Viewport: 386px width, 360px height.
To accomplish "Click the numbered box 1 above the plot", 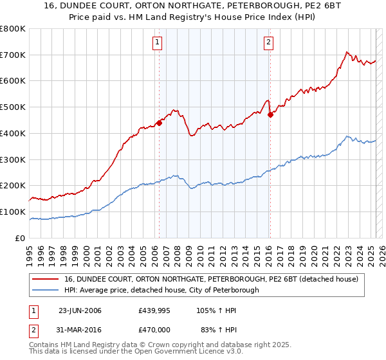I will [x=158, y=43].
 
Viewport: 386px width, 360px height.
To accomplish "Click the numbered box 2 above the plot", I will [x=268, y=43].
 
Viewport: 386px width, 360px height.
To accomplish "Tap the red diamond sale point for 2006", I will [x=159, y=123].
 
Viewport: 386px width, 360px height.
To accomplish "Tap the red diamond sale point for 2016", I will [x=271, y=114].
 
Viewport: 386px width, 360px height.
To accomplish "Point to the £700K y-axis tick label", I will [x=13, y=55].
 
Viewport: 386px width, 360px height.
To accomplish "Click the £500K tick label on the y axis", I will [x=13, y=107].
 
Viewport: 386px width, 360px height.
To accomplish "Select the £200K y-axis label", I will [x=13, y=186].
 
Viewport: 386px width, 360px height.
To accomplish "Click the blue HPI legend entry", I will [x=161, y=290].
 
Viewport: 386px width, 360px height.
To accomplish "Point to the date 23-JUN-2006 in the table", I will [x=80, y=310].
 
